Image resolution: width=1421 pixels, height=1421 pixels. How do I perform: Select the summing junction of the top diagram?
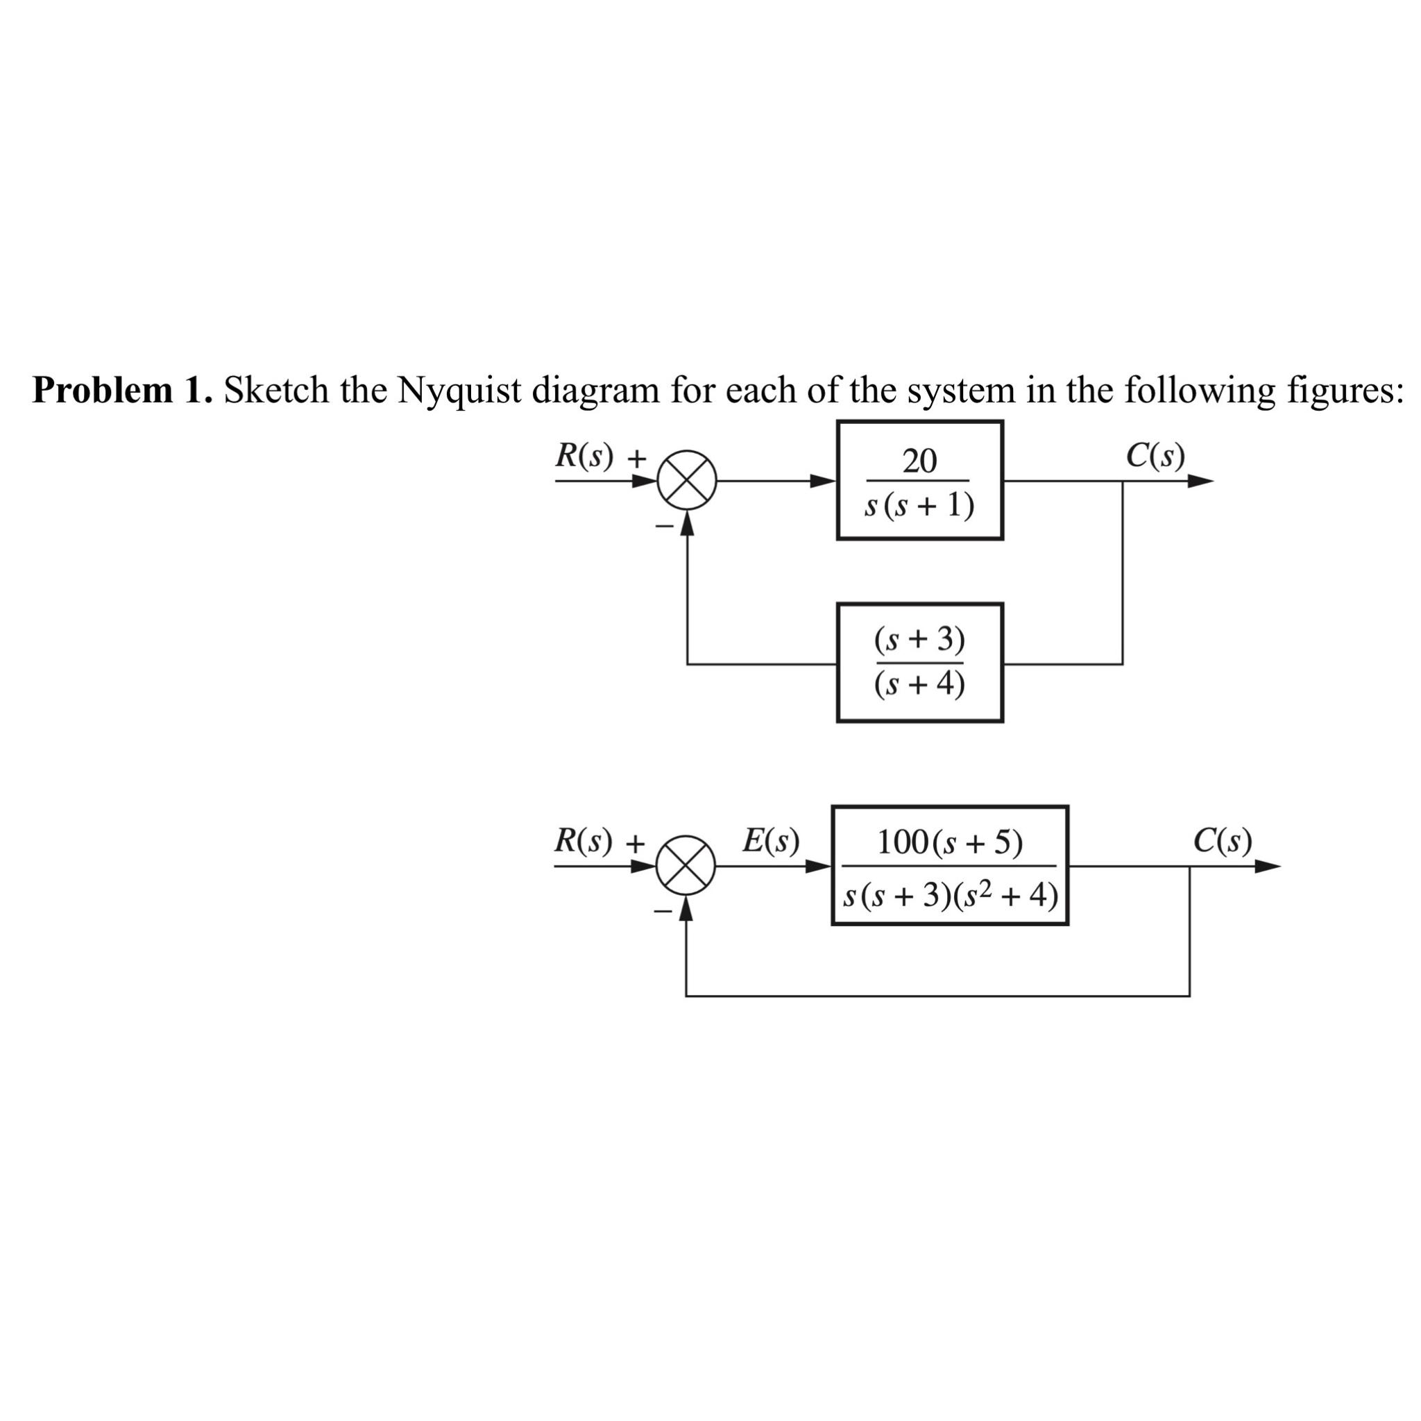point(687,481)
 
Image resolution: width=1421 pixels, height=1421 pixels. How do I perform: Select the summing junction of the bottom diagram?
point(686,866)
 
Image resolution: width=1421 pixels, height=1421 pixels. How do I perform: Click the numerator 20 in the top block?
point(919,461)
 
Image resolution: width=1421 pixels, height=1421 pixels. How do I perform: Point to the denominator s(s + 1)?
point(919,505)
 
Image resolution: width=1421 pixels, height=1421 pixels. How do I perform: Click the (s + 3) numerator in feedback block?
point(919,640)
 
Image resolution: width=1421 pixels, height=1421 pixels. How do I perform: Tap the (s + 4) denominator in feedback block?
point(919,685)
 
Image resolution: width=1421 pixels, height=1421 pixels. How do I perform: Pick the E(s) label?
point(770,840)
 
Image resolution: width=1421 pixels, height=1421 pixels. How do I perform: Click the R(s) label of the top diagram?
point(584,456)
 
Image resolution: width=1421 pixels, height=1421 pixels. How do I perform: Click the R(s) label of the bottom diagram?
point(583,840)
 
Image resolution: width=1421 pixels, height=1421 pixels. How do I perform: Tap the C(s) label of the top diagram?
point(1155,456)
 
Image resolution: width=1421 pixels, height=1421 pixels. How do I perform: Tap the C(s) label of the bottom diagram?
point(1223,840)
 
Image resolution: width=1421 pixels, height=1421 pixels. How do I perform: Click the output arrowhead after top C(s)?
point(1200,482)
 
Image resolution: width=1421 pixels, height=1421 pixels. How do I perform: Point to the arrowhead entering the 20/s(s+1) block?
point(823,481)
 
